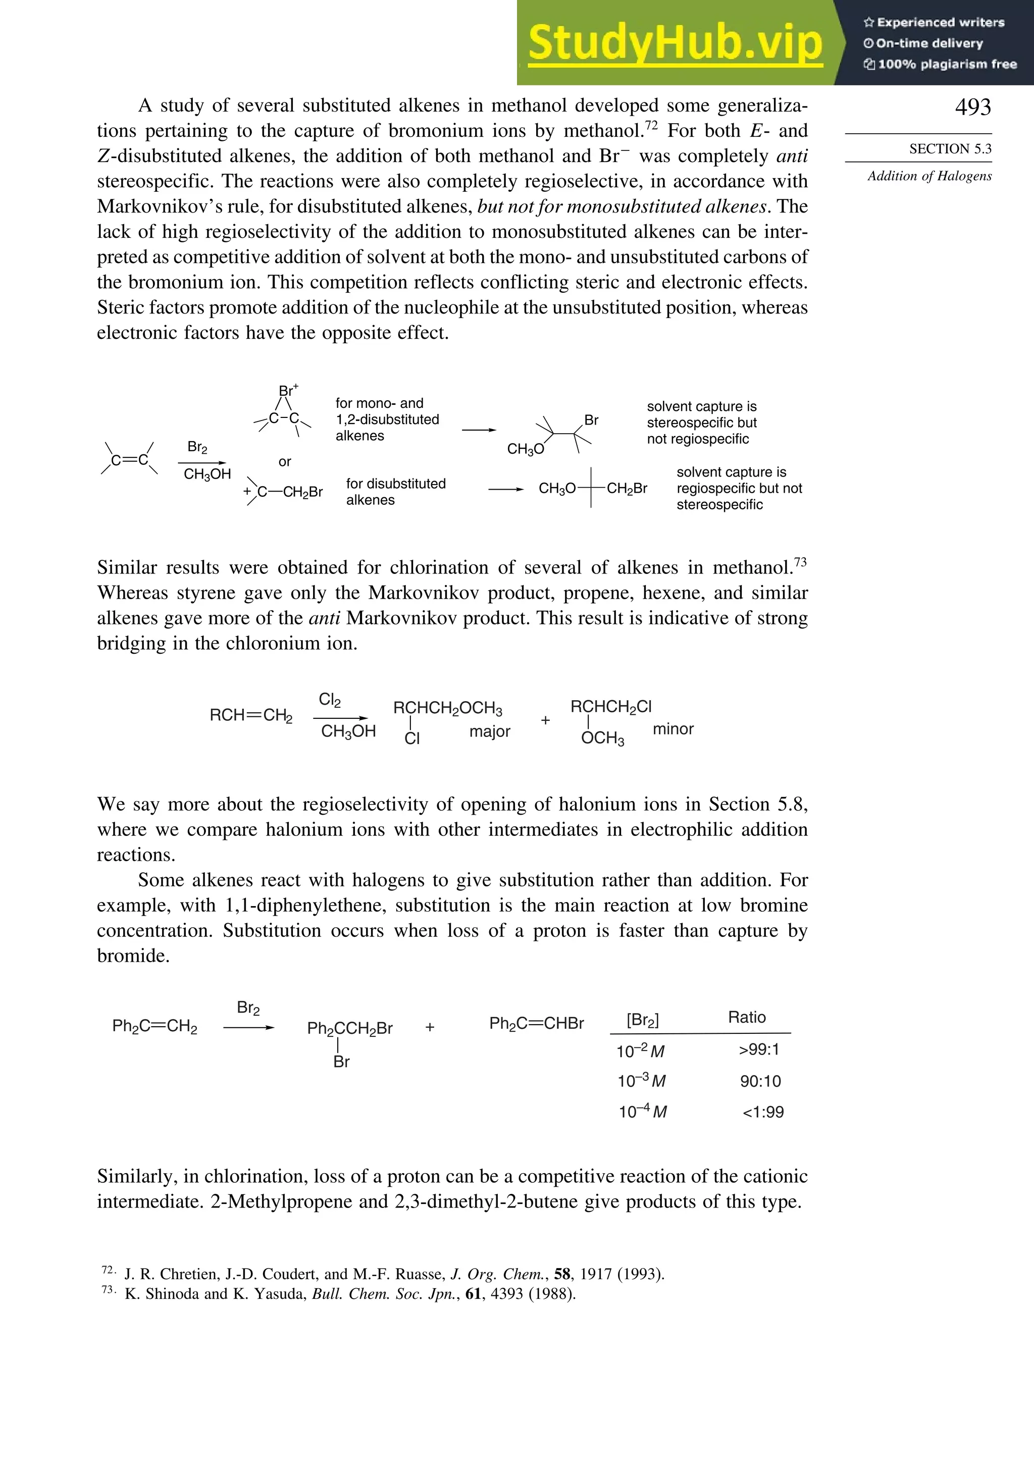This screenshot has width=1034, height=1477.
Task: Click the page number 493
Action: pos(973,107)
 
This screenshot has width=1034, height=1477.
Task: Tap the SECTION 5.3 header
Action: pos(950,148)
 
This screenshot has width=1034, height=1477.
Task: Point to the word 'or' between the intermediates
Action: pos(284,461)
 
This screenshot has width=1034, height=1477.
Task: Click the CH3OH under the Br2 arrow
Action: pos(206,474)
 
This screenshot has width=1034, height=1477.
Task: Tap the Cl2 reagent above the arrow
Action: pos(330,700)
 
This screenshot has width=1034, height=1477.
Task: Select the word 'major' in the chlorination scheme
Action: pos(489,731)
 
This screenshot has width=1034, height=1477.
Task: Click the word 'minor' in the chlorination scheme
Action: pos(673,729)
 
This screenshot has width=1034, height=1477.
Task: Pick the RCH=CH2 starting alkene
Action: pos(251,715)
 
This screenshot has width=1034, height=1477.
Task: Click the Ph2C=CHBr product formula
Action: pos(536,1024)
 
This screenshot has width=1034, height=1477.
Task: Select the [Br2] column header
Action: pos(642,1020)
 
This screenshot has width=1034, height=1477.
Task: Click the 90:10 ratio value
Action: pos(760,1081)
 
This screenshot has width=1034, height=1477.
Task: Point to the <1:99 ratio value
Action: pos(762,1112)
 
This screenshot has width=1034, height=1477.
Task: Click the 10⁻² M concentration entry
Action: pos(640,1051)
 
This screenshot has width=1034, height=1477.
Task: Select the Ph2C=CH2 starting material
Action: pos(154,1026)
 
